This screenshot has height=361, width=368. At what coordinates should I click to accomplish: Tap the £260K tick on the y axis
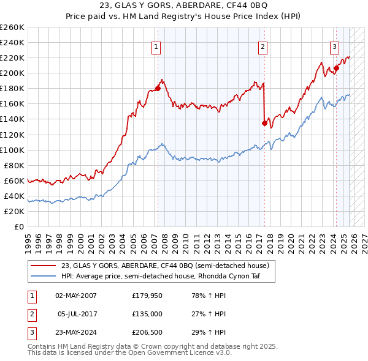[12, 28]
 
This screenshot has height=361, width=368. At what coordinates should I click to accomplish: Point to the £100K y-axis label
[12, 150]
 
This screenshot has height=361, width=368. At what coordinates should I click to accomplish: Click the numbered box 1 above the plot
[156, 46]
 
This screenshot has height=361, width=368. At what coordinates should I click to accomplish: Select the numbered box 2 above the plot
[263, 46]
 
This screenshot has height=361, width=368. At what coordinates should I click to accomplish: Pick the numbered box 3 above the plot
[334, 46]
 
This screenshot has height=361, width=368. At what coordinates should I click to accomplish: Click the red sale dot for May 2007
[158, 88]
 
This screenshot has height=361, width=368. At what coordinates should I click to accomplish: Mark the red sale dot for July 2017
[264, 123]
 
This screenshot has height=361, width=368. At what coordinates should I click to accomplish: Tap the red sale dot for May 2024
[336, 68]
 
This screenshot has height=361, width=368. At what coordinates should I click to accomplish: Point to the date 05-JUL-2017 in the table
[79, 314]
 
